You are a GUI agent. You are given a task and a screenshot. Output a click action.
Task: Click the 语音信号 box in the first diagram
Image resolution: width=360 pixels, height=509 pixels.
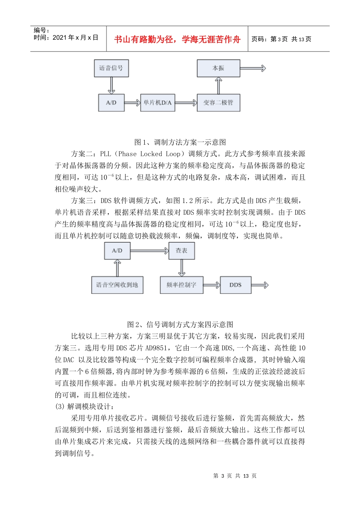tap(111, 68)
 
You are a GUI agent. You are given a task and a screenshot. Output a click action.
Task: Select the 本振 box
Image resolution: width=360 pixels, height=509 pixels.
tap(218, 68)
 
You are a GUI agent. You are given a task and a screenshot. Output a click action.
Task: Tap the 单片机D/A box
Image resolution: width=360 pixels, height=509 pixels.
tap(157, 103)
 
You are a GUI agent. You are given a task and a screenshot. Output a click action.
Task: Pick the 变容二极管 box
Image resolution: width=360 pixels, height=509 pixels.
tap(218, 103)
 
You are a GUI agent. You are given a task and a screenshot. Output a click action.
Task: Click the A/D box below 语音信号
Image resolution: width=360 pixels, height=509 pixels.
tap(111, 103)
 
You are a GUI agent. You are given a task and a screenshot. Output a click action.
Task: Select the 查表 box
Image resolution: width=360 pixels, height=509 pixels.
tap(182, 251)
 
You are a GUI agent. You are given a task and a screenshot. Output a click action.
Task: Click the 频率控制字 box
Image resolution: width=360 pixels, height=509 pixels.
tap(182, 285)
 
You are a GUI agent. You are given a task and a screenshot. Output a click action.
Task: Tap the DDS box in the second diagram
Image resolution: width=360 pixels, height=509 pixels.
tap(235, 285)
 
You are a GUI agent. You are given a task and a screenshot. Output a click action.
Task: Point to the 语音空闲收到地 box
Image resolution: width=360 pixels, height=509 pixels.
tap(117, 285)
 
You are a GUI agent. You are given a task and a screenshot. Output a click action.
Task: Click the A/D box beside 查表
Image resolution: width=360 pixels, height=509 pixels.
tap(117, 251)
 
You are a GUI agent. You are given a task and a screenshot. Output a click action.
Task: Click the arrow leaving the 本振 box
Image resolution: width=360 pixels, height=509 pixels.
tap(253, 68)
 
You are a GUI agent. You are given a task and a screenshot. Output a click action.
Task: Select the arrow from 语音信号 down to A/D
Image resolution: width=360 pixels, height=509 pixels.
tap(111, 86)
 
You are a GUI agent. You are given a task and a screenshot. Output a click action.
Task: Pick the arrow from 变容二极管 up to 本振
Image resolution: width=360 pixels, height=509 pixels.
tap(218, 86)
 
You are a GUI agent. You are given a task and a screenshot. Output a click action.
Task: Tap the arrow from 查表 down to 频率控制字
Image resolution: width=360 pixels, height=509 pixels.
tap(182, 268)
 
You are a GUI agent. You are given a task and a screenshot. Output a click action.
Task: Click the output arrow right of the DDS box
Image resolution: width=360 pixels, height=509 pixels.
tap(260, 285)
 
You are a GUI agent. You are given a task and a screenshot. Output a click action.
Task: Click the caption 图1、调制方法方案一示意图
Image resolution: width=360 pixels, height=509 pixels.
tap(180, 142)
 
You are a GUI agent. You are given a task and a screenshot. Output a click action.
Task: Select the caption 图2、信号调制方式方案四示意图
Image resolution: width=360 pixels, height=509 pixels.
tap(180, 325)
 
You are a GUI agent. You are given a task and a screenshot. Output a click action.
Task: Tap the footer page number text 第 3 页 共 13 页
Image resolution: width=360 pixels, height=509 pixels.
tap(235, 476)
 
